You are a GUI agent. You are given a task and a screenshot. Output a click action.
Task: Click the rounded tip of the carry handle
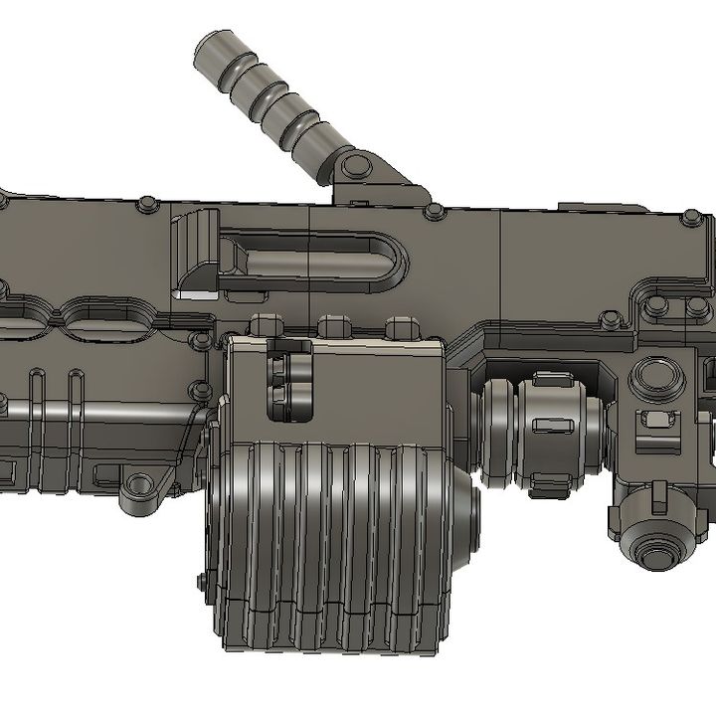212,50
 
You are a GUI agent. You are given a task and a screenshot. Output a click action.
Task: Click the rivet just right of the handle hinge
433,211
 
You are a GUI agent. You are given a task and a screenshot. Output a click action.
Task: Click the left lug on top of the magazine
266,325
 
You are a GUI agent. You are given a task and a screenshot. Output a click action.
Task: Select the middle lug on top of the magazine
333,325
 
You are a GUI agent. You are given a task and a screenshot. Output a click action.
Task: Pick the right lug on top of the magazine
400,325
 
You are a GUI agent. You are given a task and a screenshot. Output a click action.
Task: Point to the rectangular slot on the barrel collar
548,426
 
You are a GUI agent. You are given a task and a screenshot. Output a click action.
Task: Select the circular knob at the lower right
653,546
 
